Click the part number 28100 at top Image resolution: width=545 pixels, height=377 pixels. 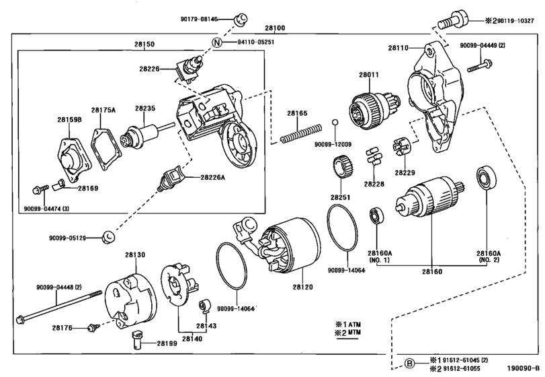tap(275, 28)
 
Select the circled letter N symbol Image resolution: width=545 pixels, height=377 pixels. tap(217, 42)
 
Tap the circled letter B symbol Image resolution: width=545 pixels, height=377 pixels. tap(410, 364)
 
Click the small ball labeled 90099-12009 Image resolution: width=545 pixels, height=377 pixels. tap(335, 122)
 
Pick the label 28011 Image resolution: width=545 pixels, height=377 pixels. tap(369, 75)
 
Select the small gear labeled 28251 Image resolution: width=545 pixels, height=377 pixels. tap(343, 168)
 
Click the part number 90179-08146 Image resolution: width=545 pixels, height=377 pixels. tap(199, 19)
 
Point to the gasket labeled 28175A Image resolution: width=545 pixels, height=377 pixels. tap(107, 150)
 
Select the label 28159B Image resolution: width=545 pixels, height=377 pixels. tap(69, 120)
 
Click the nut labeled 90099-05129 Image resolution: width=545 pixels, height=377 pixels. tap(109, 238)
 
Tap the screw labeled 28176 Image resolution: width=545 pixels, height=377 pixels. tap(93, 328)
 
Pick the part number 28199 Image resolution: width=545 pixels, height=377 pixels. tap(167, 343)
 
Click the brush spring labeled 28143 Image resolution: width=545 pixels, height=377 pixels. tap(203, 306)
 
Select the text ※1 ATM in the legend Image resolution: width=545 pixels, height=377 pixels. tap(348, 324)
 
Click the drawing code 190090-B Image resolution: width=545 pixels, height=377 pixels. tap(523, 369)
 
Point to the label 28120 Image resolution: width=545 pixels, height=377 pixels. tap(302, 287)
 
